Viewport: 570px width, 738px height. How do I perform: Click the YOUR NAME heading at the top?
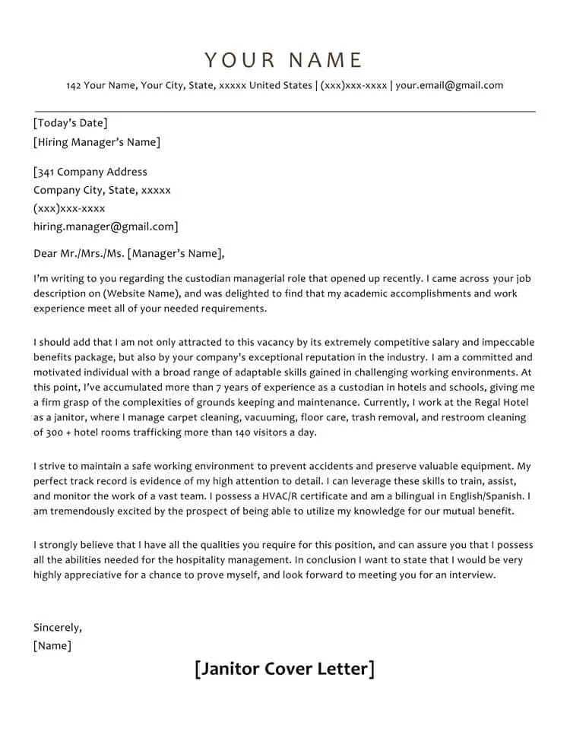pyautogui.click(x=284, y=61)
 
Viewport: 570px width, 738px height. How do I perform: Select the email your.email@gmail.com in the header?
pyautogui.click(x=449, y=85)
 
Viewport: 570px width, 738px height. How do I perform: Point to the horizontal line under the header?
pyautogui.click(x=284, y=112)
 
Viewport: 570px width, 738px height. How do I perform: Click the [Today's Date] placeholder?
pyautogui.click(x=70, y=123)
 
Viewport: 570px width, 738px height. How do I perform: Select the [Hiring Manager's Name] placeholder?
pyautogui.click(x=97, y=142)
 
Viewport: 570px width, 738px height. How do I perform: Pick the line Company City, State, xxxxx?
pyautogui.click(x=102, y=190)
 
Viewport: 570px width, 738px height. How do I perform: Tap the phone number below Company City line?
pyautogui.click(x=69, y=208)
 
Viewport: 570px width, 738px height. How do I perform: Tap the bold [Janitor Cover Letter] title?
pyautogui.click(x=284, y=669)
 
